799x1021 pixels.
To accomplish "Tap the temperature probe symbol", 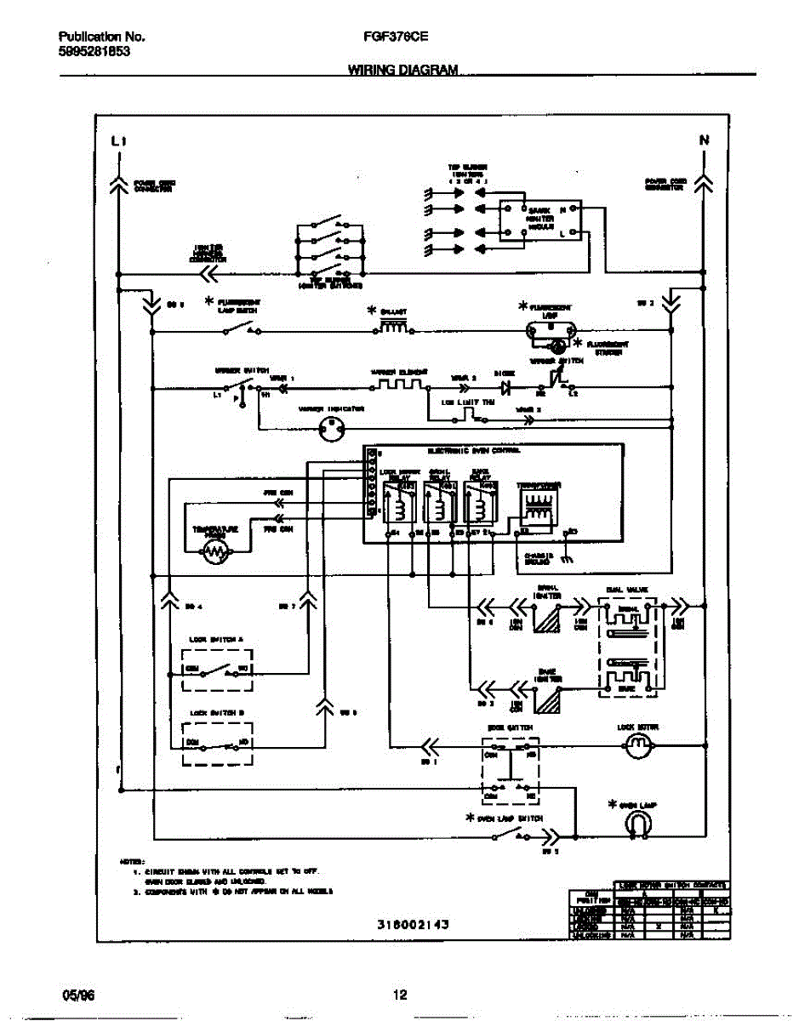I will click(x=215, y=553).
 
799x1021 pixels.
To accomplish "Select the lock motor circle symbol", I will click(x=637, y=747).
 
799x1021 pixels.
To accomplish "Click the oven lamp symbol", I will click(x=636, y=824).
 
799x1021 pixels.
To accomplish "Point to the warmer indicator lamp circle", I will click(x=330, y=431).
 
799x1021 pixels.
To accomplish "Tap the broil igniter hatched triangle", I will click(x=545, y=619).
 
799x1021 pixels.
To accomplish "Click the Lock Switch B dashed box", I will click(x=218, y=743).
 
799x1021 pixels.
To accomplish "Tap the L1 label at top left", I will click(x=118, y=141).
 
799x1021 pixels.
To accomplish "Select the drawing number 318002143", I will click(x=412, y=923).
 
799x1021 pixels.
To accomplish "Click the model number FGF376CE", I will click(x=397, y=37).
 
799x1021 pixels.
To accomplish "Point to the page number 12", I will click(x=400, y=994).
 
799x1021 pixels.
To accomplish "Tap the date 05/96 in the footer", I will click(x=76, y=994).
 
